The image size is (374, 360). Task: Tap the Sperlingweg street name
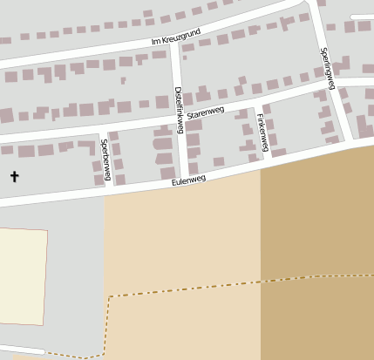[x=328, y=69]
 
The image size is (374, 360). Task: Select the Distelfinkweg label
[x=179, y=109]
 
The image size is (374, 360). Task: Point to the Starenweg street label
[x=206, y=113]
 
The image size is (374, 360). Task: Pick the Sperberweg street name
[x=105, y=160]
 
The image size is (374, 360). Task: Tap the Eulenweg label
[x=188, y=180]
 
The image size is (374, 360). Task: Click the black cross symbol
[x=14, y=176]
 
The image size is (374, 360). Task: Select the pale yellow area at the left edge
[x=22, y=274]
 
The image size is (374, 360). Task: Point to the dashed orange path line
[x=209, y=288]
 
